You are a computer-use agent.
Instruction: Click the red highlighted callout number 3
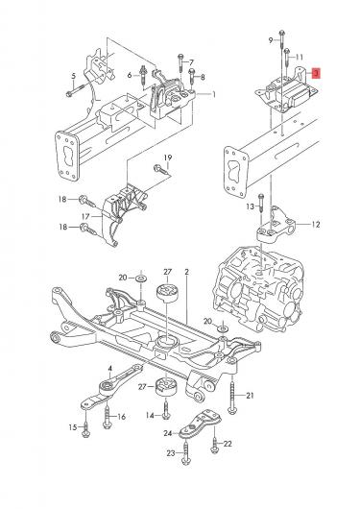pos(316,73)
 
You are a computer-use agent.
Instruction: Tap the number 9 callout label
pos(271,40)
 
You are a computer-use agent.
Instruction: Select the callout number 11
pos(300,57)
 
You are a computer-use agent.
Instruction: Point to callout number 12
pos(316,225)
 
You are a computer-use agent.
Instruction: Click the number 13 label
pos(250,206)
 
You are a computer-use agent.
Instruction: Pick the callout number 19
pos(167,158)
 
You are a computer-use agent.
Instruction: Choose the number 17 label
pos(85,216)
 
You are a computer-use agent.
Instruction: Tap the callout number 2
pos(186,272)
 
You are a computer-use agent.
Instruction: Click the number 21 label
pos(250,396)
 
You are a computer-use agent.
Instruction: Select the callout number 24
pos(167,433)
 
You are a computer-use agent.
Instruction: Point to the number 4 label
pos(110,369)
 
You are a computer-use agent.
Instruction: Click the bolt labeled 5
pos(75,90)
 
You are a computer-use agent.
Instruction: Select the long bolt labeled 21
pos(232,394)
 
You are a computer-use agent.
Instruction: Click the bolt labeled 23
pos(186,452)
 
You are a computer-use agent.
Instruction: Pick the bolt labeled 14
pos(166,410)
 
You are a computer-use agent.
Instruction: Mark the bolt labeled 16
pos(107,417)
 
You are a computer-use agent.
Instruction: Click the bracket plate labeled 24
pos(201,424)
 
